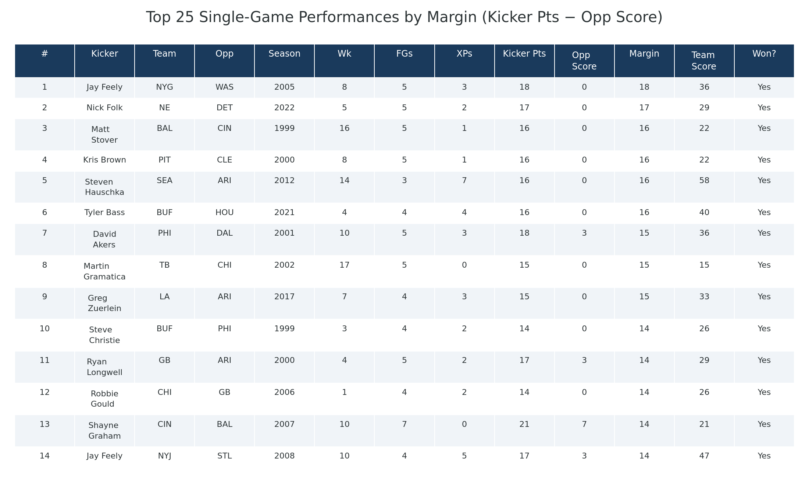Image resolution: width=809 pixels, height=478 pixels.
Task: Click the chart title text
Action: pyautogui.click(x=404, y=17)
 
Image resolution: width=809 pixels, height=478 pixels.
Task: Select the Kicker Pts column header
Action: pyautogui.click(x=524, y=54)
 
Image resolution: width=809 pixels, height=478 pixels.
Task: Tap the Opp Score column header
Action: pyautogui.click(x=584, y=61)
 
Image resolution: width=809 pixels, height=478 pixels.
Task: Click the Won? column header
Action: pyautogui.click(x=764, y=54)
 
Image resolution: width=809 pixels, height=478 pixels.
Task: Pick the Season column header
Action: pyautogui.click(x=284, y=54)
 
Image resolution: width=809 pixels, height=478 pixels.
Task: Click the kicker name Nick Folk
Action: pyautogui.click(x=104, y=108)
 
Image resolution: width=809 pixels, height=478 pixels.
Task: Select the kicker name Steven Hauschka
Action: pyautogui.click(x=104, y=187)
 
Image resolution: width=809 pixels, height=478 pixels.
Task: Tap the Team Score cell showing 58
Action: pyautogui.click(x=704, y=181)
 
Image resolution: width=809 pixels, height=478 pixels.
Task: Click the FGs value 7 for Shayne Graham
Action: pyautogui.click(x=404, y=424)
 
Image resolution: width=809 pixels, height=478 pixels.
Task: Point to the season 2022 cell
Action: pyautogui.click(x=284, y=108)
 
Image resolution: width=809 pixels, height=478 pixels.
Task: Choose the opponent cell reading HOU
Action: pyautogui.click(x=224, y=213)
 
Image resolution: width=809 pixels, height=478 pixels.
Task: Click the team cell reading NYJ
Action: pyautogui.click(x=164, y=456)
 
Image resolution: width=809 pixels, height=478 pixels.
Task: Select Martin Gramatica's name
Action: pyautogui.click(x=104, y=271)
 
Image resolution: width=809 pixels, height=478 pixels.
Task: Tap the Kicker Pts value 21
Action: pyautogui.click(x=524, y=424)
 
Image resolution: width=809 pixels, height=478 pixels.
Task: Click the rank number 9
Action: pyautogui.click(x=44, y=297)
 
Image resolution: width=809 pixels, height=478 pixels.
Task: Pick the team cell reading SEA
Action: pyautogui.click(x=164, y=181)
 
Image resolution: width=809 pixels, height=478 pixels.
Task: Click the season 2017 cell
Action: pyautogui.click(x=284, y=297)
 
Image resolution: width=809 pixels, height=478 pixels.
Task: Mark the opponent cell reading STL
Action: pyautogui.click(x=224, y=456)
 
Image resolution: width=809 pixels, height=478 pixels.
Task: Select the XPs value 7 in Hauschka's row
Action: pyautogui.click(x=464, y=181)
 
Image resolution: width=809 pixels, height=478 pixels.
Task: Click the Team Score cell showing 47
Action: pyautogui.click(x=704, y=456)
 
